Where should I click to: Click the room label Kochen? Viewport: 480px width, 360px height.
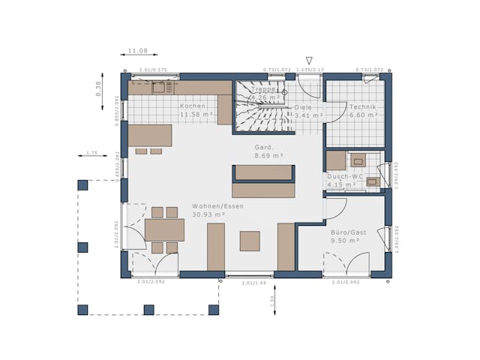click(192, 106)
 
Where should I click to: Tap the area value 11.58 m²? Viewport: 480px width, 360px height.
click(193, 115)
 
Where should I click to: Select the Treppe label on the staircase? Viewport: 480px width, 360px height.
click(264, 89)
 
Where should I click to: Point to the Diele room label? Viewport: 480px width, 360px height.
click(303, 107)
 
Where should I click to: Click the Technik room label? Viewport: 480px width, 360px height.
click(362, 107)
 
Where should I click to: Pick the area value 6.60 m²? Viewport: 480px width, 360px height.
click(364, 115)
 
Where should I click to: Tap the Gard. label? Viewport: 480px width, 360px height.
click(264, 147)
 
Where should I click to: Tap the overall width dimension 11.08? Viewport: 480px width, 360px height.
click(137, 51)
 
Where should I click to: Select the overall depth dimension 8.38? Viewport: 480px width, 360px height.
click(97, 89)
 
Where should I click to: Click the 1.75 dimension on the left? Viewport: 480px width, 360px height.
click(91, 153)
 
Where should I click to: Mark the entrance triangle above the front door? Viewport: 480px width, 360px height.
click(308, 61)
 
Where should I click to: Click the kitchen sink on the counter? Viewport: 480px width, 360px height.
click(159, 88)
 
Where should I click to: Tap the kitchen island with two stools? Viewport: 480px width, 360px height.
click(150, 135)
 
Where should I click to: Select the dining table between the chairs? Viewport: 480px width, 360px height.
click(164, 229)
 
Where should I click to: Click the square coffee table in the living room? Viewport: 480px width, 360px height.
click(250, 241)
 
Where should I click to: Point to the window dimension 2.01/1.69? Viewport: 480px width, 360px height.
click(253, 283)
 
